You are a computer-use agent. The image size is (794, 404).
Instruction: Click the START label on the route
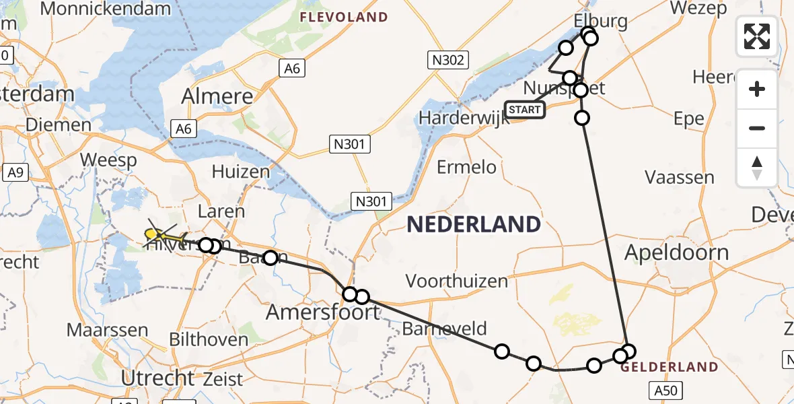click(x=524, y=109)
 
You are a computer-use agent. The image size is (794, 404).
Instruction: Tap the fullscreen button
click(x=757, y=36)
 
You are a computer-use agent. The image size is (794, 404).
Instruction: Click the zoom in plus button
click(x=757, y=89)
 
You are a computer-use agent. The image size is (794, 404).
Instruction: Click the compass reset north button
click(x=757, y=168)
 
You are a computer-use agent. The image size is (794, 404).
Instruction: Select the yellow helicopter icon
click(x=163, y=236)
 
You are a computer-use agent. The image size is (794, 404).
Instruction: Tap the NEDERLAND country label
click(x=474, y=224)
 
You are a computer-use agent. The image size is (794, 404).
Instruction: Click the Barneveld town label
click(x=444, y=329)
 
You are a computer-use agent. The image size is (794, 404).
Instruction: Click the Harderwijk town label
click(x=461, y=118)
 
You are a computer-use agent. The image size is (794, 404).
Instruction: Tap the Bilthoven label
click(x=209, y=339)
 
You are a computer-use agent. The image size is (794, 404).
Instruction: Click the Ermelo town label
click(x=466, y=166)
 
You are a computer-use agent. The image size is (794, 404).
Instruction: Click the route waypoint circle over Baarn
click(x=270, y=257)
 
